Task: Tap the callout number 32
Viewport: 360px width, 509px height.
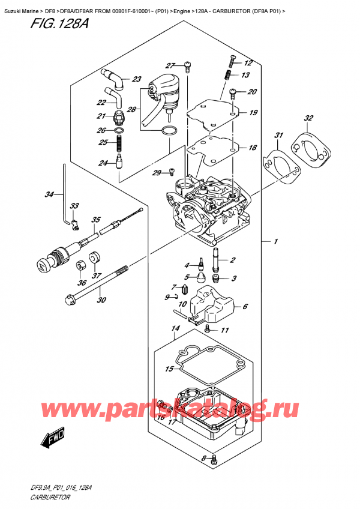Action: tap(308, 118)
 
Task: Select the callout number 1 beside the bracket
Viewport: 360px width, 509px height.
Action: tap(275, 242)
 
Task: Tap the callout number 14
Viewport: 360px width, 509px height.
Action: tap(175, 329)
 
